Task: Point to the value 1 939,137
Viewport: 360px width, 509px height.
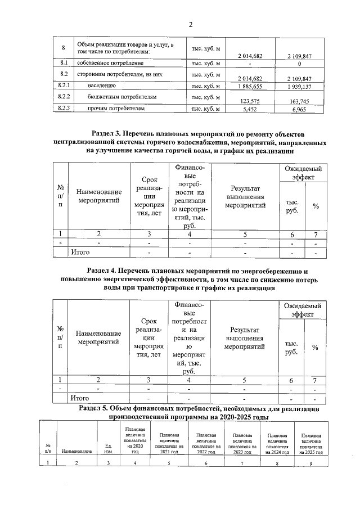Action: pos(303,86)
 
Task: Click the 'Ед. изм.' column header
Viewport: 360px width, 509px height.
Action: pos(109,449)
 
